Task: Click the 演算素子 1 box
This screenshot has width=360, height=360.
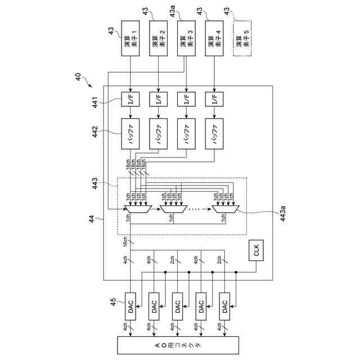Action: pos(130,38)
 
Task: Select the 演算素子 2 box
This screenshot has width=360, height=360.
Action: pos(159,38)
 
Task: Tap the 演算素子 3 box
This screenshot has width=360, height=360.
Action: pos(187,38)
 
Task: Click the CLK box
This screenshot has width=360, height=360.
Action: pos(256,253)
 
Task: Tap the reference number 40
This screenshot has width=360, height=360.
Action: pos(78,76)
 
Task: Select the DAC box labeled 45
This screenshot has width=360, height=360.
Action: pos(130,307)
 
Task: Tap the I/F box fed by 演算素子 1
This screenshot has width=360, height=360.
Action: pos(130,99)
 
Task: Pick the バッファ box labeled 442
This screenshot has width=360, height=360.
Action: pos(130,134)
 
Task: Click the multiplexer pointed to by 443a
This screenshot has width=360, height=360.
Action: pos(226,210)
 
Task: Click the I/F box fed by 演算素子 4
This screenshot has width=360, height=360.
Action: pos(214,99)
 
